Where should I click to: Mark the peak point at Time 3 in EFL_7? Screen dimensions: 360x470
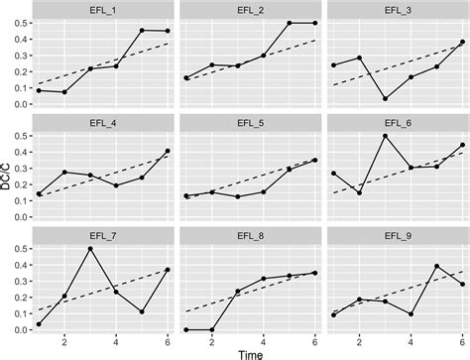[x=90, y=249]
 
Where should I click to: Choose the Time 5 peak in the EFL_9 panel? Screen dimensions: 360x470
[x=436, y=266]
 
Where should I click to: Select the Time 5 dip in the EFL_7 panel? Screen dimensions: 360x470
[x=142, y=311]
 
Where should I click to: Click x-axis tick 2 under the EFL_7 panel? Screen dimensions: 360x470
[x=64, y=340]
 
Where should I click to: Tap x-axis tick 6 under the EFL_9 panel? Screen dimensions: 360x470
[x=462, y=340]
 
